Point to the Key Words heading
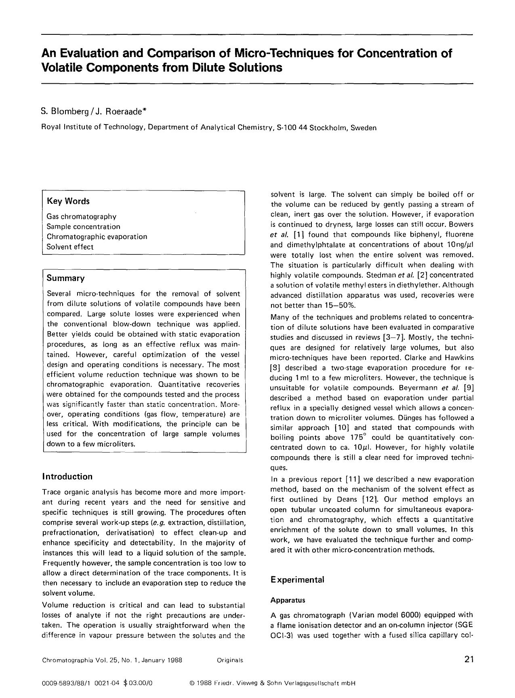68,201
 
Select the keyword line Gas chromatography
81,217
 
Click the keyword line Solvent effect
70,247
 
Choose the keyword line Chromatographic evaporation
97,237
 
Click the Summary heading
65,278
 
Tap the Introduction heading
67,476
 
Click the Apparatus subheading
288,600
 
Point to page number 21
469,660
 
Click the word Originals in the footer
230,660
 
